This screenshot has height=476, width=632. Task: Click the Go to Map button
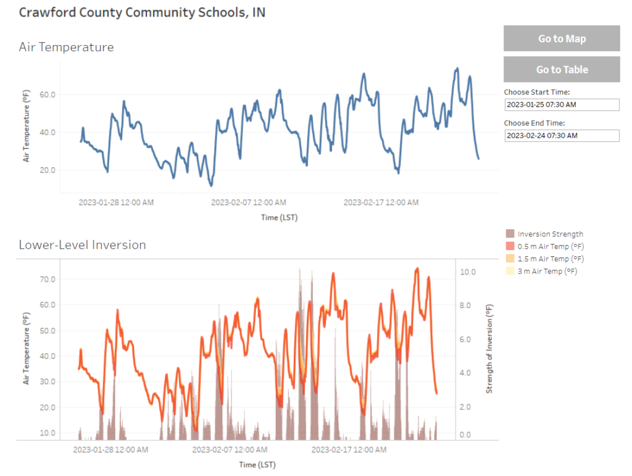tap(561, 38)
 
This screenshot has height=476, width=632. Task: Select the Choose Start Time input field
tap(561, 105)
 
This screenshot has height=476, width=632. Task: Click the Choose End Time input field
tap(561, 135)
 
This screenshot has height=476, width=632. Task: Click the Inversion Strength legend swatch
tap(510, 234)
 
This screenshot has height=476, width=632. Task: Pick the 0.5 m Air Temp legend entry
tap(543, 246)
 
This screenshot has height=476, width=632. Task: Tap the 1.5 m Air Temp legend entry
tap(543, 259)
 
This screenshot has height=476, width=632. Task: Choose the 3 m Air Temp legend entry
tap(541, 271)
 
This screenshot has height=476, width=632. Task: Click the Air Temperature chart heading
tap(66, 47)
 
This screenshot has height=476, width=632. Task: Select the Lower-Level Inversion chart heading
tap(82, 244)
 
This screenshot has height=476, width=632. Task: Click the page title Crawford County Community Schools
tap(142, 12)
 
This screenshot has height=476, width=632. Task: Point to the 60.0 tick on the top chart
tap(48, 94)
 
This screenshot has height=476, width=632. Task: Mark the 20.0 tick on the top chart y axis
tap(48, 170)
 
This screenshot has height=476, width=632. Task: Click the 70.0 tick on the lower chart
tap(48, 279)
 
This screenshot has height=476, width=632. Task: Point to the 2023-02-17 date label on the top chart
tap(381, 203)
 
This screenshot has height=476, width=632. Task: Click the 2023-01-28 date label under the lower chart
tap(110, 450)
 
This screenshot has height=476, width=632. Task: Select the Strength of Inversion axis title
tap(489, 349)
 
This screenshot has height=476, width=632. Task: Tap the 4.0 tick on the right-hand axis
tap(465, 374)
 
